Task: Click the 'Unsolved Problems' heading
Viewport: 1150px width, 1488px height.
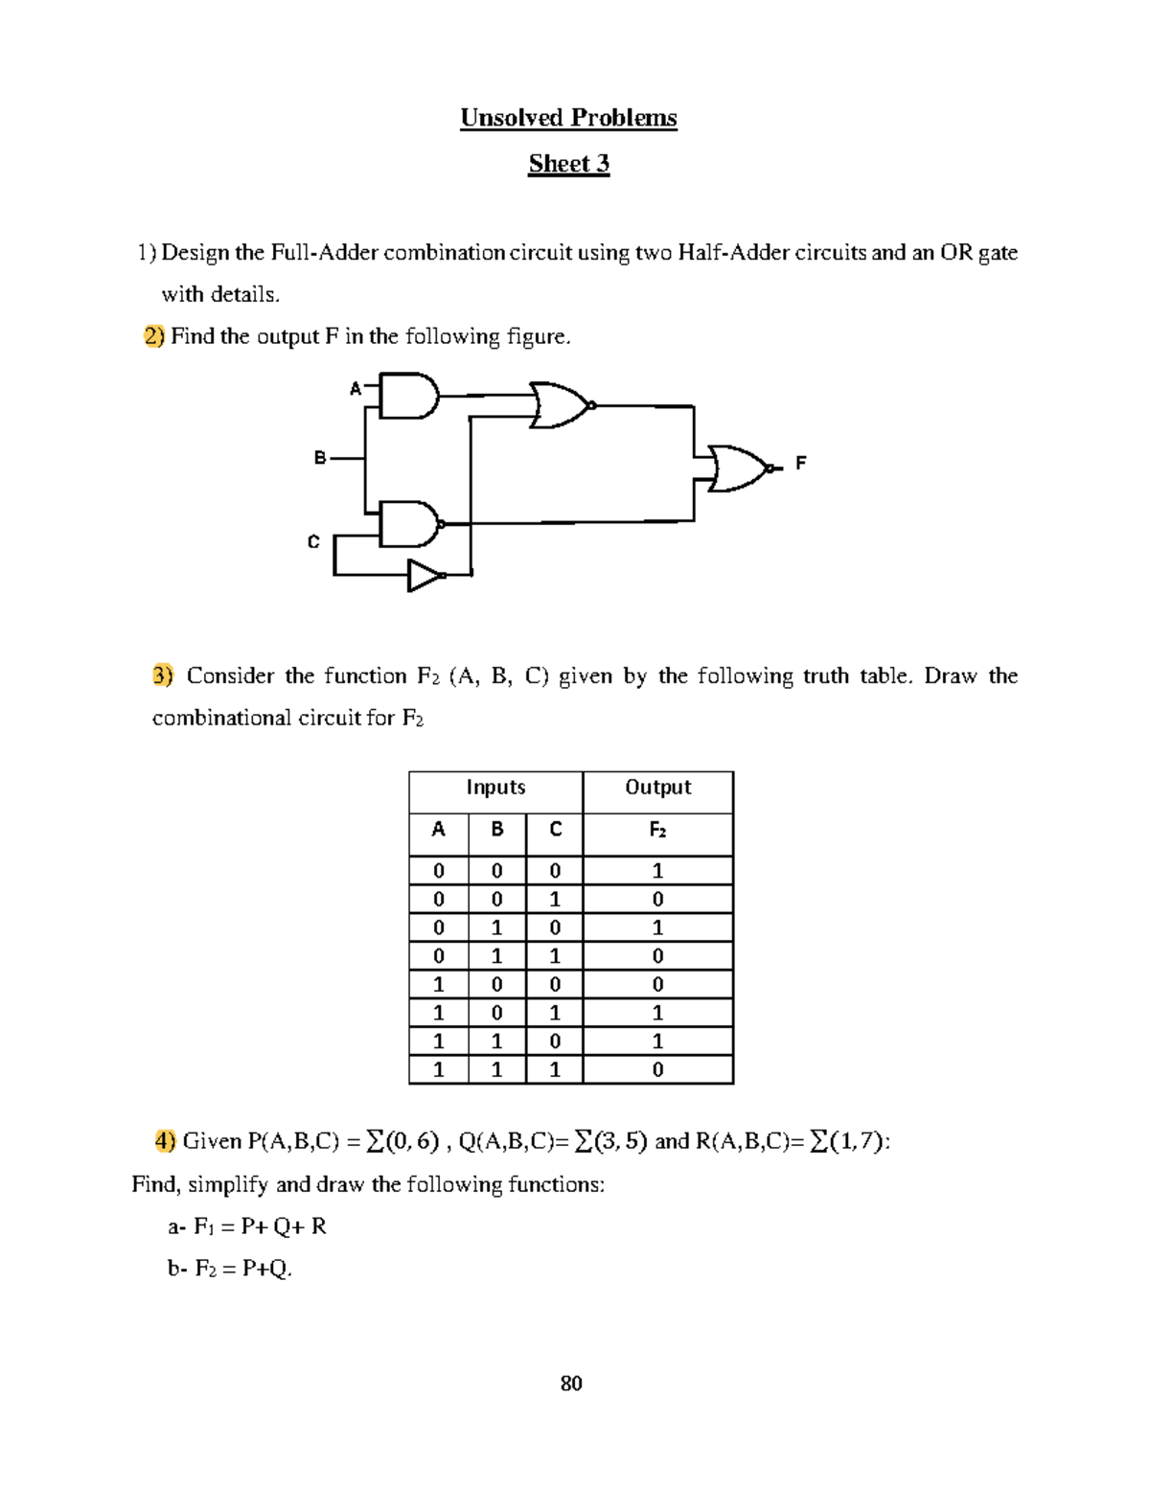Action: tap(568, 118)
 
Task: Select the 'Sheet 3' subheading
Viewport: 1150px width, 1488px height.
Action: tap(568, 164)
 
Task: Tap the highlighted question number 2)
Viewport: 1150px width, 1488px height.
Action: tap(154, 336)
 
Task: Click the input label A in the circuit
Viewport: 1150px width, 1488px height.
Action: tap(355, 388)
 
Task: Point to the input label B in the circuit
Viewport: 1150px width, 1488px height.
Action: tap(320, 458)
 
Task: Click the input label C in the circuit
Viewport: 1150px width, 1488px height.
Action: tap(312, 542)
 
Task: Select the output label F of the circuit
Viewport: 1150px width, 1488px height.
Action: tap(801, 463)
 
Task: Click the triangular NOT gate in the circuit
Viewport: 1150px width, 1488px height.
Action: tap(425, 576)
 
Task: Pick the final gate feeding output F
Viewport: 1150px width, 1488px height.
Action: tap(738, 469)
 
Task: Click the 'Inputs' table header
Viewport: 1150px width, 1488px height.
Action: tap(495, 788)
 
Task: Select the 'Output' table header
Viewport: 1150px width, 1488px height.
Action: tap(657, 788)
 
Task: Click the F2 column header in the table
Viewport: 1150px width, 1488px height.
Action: tap(657, 830)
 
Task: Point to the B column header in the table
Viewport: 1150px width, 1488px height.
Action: tap(496, 830)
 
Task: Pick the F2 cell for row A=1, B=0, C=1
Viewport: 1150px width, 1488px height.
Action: tap(657, 1013)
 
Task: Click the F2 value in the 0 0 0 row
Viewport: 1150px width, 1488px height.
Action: tap(657, 871)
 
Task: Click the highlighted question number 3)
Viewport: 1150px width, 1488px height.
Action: tap(163, 675)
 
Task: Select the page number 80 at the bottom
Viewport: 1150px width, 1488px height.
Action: tap(571, 1384)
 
